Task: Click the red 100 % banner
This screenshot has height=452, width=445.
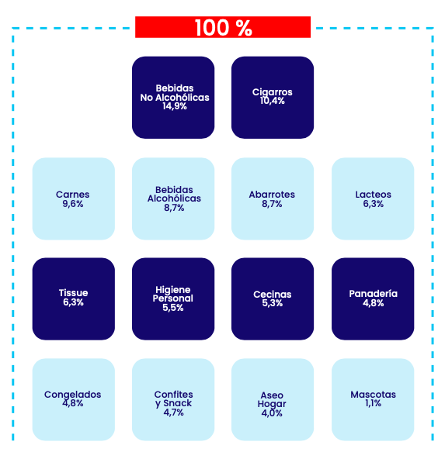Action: [x=223, y=27]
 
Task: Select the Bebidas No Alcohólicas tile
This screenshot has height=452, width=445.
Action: [x=173, y=98]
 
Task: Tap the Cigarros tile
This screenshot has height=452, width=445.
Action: [x=273, y=98]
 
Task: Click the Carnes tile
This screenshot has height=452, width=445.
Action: [x=73, y=198]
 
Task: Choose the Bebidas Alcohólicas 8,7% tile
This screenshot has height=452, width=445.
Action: [x=173, y=198]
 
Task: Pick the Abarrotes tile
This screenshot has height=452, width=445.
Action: [x=273, y=198]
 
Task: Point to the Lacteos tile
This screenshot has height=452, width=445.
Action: [x=373, y=198]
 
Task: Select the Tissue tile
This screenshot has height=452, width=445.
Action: [x=73, y=299]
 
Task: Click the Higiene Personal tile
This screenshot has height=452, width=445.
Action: [x=173, y=299]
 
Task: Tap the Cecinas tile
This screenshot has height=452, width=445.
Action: [x=273, y=299]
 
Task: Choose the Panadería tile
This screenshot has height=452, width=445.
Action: [x=373, y=299]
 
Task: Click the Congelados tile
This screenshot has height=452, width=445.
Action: [x=73, y=399]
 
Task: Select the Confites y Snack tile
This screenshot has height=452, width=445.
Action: [x=173, y=399]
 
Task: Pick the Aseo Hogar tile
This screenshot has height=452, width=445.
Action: [x=273, y=399]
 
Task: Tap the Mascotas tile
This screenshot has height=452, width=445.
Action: [x=373, y=399]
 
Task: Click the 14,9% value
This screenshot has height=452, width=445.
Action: [x=175, y=106]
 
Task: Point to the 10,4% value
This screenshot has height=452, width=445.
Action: [x=273, y=101]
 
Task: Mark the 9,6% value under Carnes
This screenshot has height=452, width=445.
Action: [x=73, y=204]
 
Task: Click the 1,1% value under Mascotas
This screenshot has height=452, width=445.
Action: [x=373, y=403]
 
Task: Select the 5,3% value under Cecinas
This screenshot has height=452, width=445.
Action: [x=273, y=303]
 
